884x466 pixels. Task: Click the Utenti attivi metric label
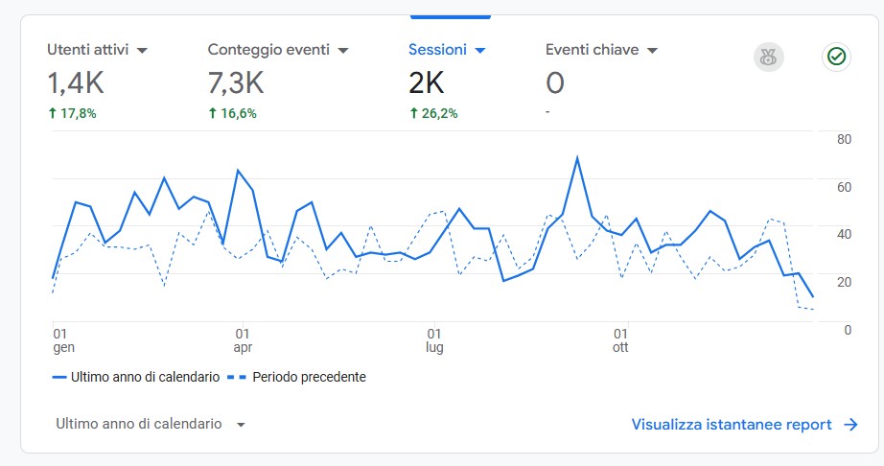[88, 50]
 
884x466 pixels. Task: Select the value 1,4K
[75, 83]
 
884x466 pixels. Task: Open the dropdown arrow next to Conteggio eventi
[342, 51]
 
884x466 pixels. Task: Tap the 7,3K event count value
[236, 83]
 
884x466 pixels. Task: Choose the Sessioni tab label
[437, 50]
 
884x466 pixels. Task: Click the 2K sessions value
[426, 83]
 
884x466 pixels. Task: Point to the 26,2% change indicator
[433, 113]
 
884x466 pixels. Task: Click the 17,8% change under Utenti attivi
[72, 113]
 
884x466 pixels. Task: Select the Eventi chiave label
[592, 50]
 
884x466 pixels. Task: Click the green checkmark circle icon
[836, 58]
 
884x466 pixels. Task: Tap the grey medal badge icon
[768, 58]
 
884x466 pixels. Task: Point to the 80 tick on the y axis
[844, 139]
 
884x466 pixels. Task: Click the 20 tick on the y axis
[844, 282]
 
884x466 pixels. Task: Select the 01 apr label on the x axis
[243, 340]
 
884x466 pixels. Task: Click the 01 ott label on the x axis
[620, 340]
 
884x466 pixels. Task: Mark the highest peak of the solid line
[577, 157]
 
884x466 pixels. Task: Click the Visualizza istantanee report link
[743, 424]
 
